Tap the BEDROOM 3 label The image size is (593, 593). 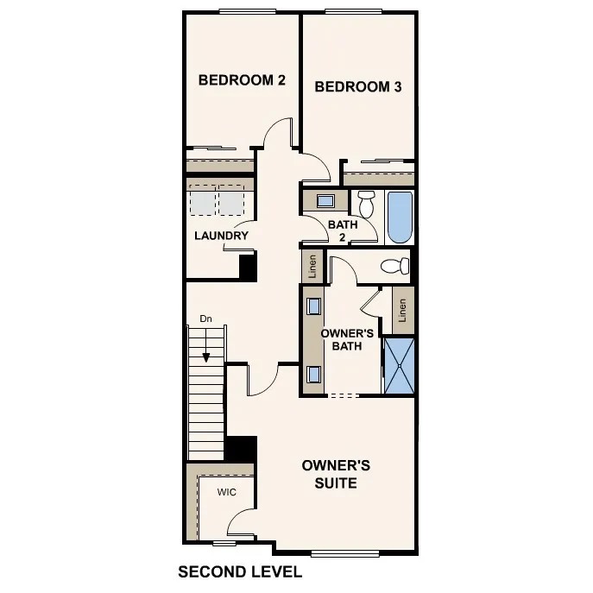(x=357, y=86)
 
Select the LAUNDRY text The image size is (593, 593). (x=221, y=236)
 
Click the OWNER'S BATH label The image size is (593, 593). (x=346, y=339)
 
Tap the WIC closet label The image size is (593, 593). (x=226, y=492)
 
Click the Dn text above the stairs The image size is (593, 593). (x=205, y=319)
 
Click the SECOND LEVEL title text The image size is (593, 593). (x=239, y=571)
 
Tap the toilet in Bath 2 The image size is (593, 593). (x=366, y=204)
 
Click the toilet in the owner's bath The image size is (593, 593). (x=396, y=266)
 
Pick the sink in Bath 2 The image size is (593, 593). (x=325, y=201)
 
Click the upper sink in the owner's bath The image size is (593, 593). (x=312, y=306)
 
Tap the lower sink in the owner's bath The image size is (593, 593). (x=312, y=374)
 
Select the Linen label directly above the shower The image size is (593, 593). (x=402, y=310)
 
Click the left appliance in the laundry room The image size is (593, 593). (x=202, y=202)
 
